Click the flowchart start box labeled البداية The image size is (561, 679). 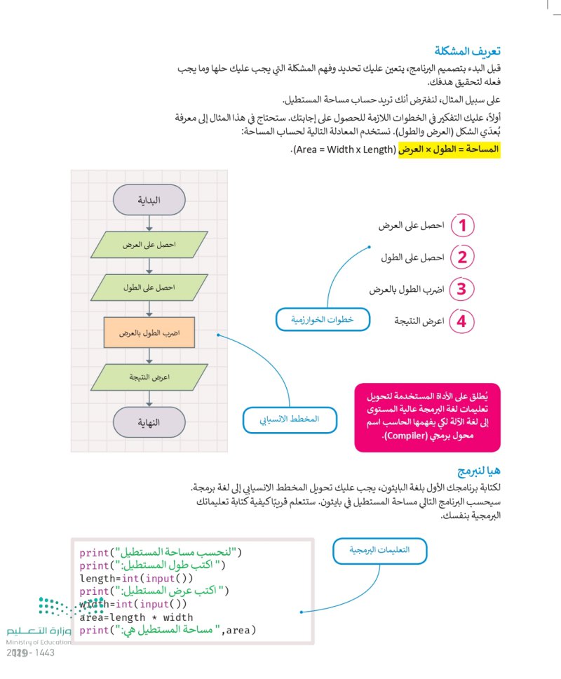(x=149, y=200)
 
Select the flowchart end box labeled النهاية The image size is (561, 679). (x=149, y=422)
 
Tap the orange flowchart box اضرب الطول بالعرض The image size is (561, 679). (x=149, y=332)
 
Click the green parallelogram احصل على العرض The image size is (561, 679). (x=149, y=245)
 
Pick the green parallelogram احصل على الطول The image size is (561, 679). (x=149, y=288)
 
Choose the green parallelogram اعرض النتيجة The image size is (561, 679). (x=149, y=377)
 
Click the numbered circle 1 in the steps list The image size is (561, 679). (x=462, y=226)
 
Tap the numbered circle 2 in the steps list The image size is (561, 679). (x=462, y=257)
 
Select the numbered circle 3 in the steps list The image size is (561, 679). (x=462, y=289)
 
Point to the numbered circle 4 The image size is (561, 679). (x=462, y=321)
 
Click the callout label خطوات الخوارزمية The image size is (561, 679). (x=322, y=320)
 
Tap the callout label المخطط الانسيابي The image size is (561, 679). (x=290, y=419)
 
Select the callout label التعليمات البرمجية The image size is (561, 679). (x=379, y=551)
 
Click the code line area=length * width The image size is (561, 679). (x=137, y=617)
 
